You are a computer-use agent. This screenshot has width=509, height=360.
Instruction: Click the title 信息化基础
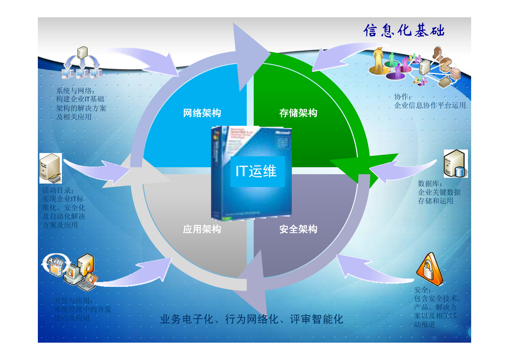404,31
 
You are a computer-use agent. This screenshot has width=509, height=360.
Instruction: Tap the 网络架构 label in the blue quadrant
202,113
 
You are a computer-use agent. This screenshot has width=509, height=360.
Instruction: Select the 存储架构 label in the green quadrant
298,113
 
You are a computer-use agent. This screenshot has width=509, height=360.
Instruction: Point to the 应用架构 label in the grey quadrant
202,229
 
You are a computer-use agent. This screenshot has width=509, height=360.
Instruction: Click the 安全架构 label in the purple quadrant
298,229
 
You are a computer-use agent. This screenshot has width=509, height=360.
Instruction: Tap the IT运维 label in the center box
256,171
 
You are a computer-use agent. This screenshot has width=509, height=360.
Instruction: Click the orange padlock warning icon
429,270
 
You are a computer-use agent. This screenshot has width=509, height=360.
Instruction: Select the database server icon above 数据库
455,164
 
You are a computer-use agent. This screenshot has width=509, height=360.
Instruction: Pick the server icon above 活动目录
50,168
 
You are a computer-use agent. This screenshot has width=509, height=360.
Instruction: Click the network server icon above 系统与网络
82,63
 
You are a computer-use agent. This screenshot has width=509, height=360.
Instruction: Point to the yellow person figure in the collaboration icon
379,60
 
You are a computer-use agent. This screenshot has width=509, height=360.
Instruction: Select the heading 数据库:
430,184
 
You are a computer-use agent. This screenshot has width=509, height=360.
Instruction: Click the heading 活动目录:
58,190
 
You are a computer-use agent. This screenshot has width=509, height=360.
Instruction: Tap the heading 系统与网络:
75,91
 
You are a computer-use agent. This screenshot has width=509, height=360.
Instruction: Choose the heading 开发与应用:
73,301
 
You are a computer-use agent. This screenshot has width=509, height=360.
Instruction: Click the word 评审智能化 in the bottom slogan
316,319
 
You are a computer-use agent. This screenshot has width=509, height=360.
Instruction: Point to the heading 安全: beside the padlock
422,290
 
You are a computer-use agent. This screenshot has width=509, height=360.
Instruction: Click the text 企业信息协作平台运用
430,105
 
